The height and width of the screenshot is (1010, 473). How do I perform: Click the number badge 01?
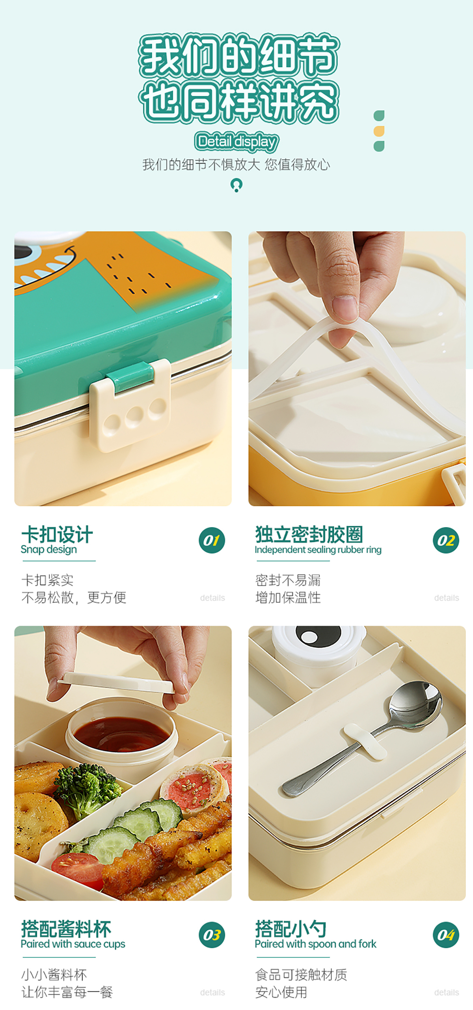point(212,540)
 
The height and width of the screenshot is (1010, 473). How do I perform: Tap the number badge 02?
point(446,540)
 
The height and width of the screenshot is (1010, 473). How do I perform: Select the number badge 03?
point(212,935)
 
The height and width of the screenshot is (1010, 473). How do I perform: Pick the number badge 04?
point(446,935)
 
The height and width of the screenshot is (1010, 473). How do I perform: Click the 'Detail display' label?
point(236,142)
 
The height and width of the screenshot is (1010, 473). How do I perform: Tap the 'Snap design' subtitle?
point(49,549)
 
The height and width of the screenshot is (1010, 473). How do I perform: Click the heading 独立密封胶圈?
point(309,534)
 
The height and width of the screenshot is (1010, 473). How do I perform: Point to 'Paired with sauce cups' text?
point(73,944)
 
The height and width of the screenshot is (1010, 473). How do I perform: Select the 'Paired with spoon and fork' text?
point(315,944)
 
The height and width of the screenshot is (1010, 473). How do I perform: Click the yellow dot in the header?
point(379,131)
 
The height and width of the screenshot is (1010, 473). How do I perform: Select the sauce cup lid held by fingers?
point(117,681)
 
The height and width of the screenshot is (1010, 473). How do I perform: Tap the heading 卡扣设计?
point(57,535)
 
